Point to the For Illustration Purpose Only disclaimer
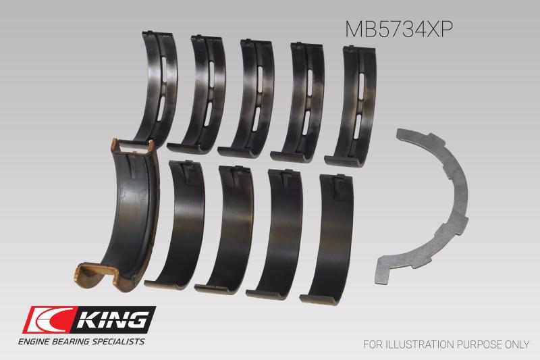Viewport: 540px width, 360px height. [446, 344]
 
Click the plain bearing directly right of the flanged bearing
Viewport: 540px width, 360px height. [179, 223]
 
